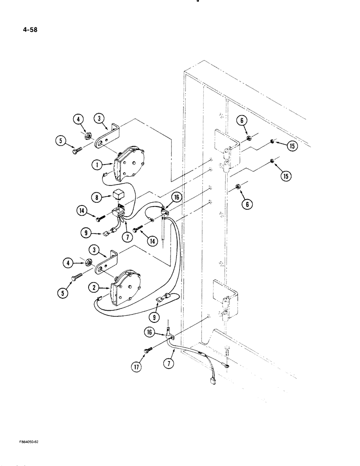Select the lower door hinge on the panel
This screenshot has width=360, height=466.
tap(226, 301)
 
